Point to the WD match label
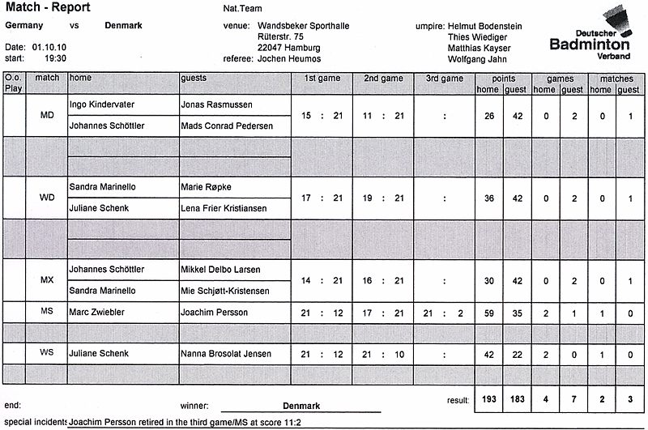point(47,198)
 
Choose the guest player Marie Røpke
point(207,187)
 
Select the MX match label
point(47,280)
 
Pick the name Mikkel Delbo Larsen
point(220,270)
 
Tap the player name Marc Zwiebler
point(98,312)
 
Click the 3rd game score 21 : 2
point(443,313)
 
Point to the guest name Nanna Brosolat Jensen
point(225,354)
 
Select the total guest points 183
point(516,399)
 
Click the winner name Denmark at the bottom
point(301,406)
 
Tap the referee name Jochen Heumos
point(289,59)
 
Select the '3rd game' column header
point(444,79)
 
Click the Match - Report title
point(48,8)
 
